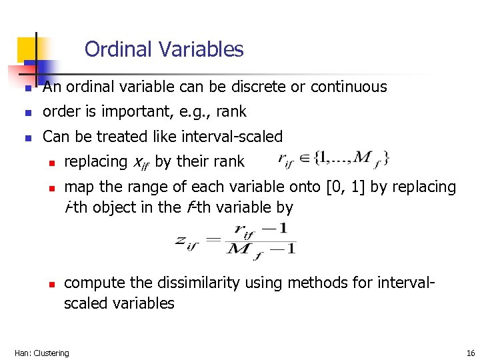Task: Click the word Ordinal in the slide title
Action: click(x=119, y=49)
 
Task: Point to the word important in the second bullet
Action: click(x=129, y=111)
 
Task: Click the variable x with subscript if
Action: click(x=141, y=162)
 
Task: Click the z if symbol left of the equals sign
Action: click(x=187, y=241)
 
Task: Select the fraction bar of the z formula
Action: click(x=261, y=241)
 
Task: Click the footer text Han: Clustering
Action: click(x=41, y=353)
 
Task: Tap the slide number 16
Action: click(x=471, y=353)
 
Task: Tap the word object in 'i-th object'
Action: click(x=115, y=207)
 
